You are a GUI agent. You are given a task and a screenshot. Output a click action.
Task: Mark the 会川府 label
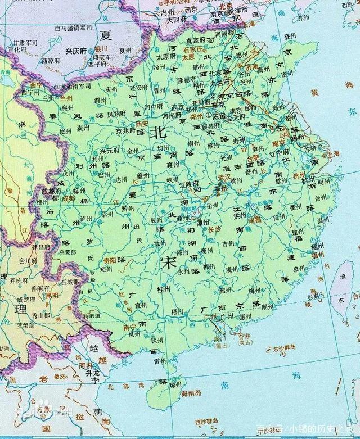[x=28, y=261]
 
